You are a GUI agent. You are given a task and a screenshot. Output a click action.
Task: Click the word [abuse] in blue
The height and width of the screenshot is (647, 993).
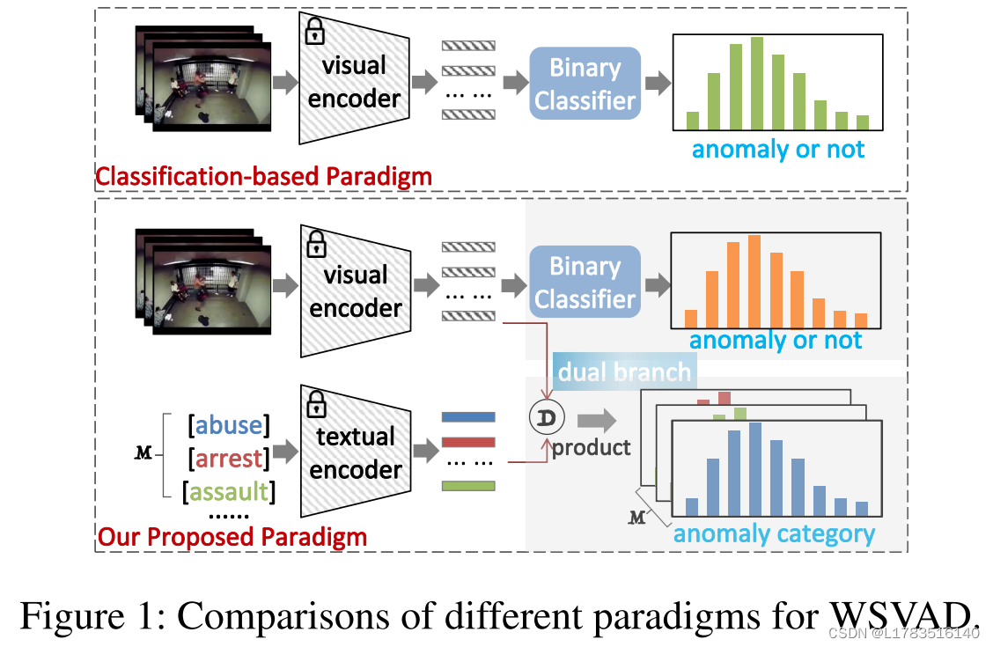click(229, 425)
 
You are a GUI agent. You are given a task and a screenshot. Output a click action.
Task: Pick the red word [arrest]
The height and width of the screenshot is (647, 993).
click(229, 459)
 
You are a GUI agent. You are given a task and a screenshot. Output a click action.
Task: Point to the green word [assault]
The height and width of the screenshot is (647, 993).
click(229, 491)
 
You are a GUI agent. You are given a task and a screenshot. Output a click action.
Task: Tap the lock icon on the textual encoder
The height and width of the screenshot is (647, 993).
click(315, 404)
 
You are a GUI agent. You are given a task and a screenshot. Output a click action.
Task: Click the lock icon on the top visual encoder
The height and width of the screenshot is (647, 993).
click(313, 33)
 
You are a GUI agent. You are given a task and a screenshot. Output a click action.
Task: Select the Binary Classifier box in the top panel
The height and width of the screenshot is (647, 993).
click(585, 84)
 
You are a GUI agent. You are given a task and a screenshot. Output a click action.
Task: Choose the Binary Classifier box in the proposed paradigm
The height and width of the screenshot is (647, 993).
click(585, 282)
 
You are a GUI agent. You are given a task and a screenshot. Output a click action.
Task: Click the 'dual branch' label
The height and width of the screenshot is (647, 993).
click(624, 371)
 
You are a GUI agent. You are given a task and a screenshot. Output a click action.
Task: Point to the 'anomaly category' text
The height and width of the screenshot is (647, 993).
click(774, 533)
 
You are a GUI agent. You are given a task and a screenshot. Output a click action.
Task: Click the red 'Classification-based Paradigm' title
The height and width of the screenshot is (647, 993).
click(263, 176)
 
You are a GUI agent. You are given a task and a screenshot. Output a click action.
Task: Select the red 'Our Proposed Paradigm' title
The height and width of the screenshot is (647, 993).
click(232, 536)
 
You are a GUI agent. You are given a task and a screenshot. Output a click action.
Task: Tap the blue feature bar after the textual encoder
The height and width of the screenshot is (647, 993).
click(468, 417)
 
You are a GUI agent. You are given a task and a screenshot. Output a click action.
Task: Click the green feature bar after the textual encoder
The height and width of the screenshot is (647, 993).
click(468, 485)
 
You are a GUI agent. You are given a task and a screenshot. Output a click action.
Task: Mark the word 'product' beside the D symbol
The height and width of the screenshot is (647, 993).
click(591, 447)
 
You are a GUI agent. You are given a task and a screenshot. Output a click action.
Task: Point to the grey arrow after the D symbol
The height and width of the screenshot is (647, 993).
click(598, 419)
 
